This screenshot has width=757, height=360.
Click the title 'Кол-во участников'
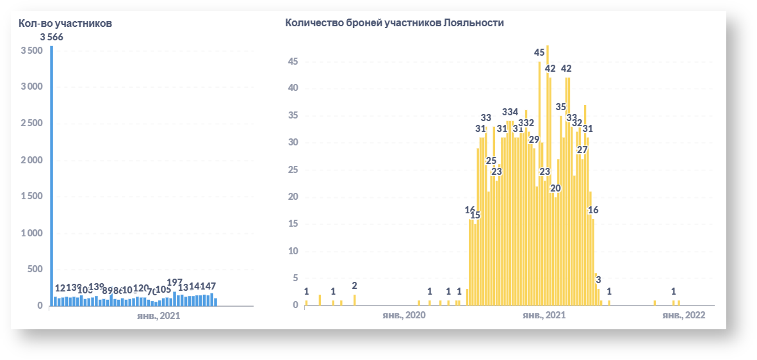pyautogui.click(x=65, y=23)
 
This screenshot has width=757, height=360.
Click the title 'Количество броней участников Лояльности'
pyautogui.click(x=395, y=23)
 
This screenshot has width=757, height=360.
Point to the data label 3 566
pyautogui.click(x=52, y=37)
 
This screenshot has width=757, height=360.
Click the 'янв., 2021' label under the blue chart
pyautogui.click(x=159, y=316)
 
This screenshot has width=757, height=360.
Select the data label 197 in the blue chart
pyautogui.click(x=175, y=282)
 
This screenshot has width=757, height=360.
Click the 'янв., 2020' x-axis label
pyautogui.click(x=403, y=316)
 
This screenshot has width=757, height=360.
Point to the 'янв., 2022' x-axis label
pyautogui.click(x=683, y=316)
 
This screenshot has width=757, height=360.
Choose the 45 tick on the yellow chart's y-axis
pyautogui.click(x=293, y=61)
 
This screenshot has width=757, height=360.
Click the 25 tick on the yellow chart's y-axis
pyautogui.click(x=293, y=170)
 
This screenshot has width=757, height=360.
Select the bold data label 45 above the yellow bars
pyautogui.click(x=539, y=52)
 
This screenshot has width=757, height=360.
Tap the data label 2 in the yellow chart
pyautogui.click(x=354, y=286)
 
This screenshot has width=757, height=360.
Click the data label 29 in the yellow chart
pyautogui.click(x=534, y=139)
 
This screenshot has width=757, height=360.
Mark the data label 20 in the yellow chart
pyautogui.click(x=555, y=188)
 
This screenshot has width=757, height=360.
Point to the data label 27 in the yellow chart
pyautogui.click(x=582, y=150)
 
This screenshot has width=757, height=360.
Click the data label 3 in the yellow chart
pyautogui.click(x=598, y=279)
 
